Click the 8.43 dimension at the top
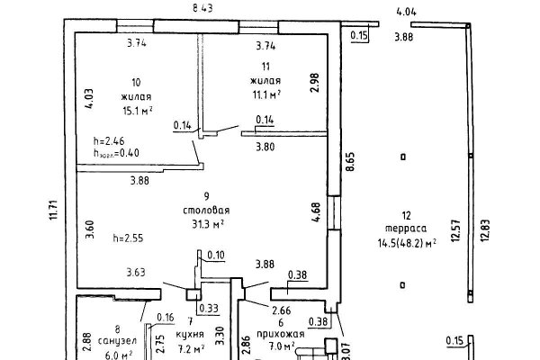tap(202, 8)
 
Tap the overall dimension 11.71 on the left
tap(53, 211)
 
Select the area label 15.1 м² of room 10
tap(138, 111)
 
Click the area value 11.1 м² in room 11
tap(266, 94)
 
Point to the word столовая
tap(206, 210)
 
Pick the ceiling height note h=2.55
tap(128, 238)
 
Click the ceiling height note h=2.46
tap(109, 141)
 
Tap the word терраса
tap(406, 229)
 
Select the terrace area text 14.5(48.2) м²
tap(407, 243)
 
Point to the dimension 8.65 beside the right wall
tap(350, 162)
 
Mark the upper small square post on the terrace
tap(403, 157)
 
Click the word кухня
tap(190, 334)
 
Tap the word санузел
tap(117, 341)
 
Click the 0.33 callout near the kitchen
tap(209, 309)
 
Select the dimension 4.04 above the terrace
tap(407, 12)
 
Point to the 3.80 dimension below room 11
tap(265, 147)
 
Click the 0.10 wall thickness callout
tap(216, 255)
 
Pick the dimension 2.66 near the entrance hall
tap(282, 310)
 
